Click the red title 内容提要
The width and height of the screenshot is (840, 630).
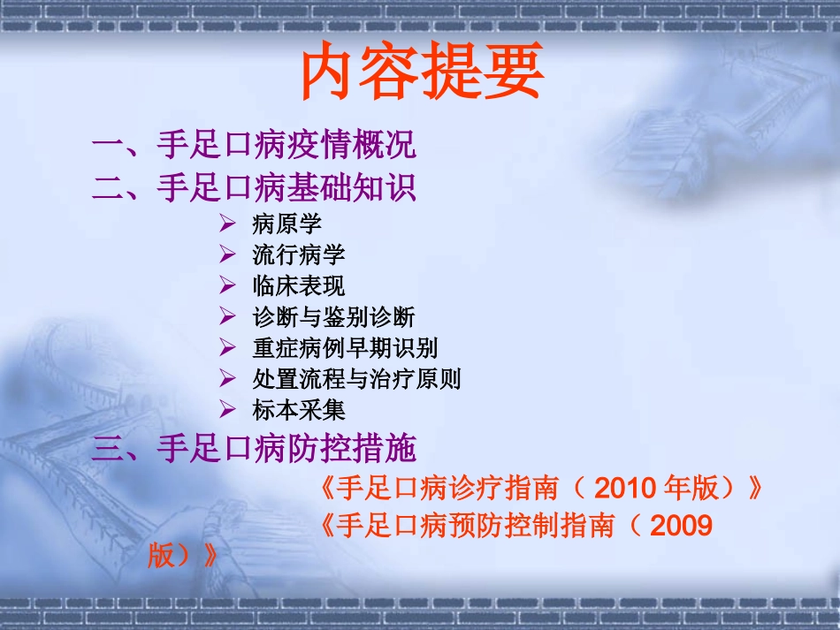tap(421, 72)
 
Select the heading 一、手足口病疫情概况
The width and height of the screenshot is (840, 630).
tap(254, 144)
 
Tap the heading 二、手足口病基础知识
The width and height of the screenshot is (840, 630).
tap(254, 187)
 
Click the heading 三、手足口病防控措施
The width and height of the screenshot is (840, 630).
tap(254, 449)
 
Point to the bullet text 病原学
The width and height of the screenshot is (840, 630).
tap(286, 224)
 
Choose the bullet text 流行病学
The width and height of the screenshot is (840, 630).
tap(298, 254)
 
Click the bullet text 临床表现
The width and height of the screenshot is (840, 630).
tap(298, 285)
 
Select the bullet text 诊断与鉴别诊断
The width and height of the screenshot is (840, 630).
tap(332, 316)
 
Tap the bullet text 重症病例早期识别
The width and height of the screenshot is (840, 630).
tap(344, 347)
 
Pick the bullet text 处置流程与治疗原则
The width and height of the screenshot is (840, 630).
tap(355, 379)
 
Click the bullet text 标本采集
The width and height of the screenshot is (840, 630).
tap(298, 410)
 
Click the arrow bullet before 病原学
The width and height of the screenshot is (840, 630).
tap(228, 224)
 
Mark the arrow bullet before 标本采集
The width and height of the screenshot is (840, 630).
tap(228, 410)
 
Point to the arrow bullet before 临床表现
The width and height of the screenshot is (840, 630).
tap(228, 285)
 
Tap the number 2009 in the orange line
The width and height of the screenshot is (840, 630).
tap(681, 527)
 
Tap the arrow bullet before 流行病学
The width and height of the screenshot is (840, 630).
tap(228, 254)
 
